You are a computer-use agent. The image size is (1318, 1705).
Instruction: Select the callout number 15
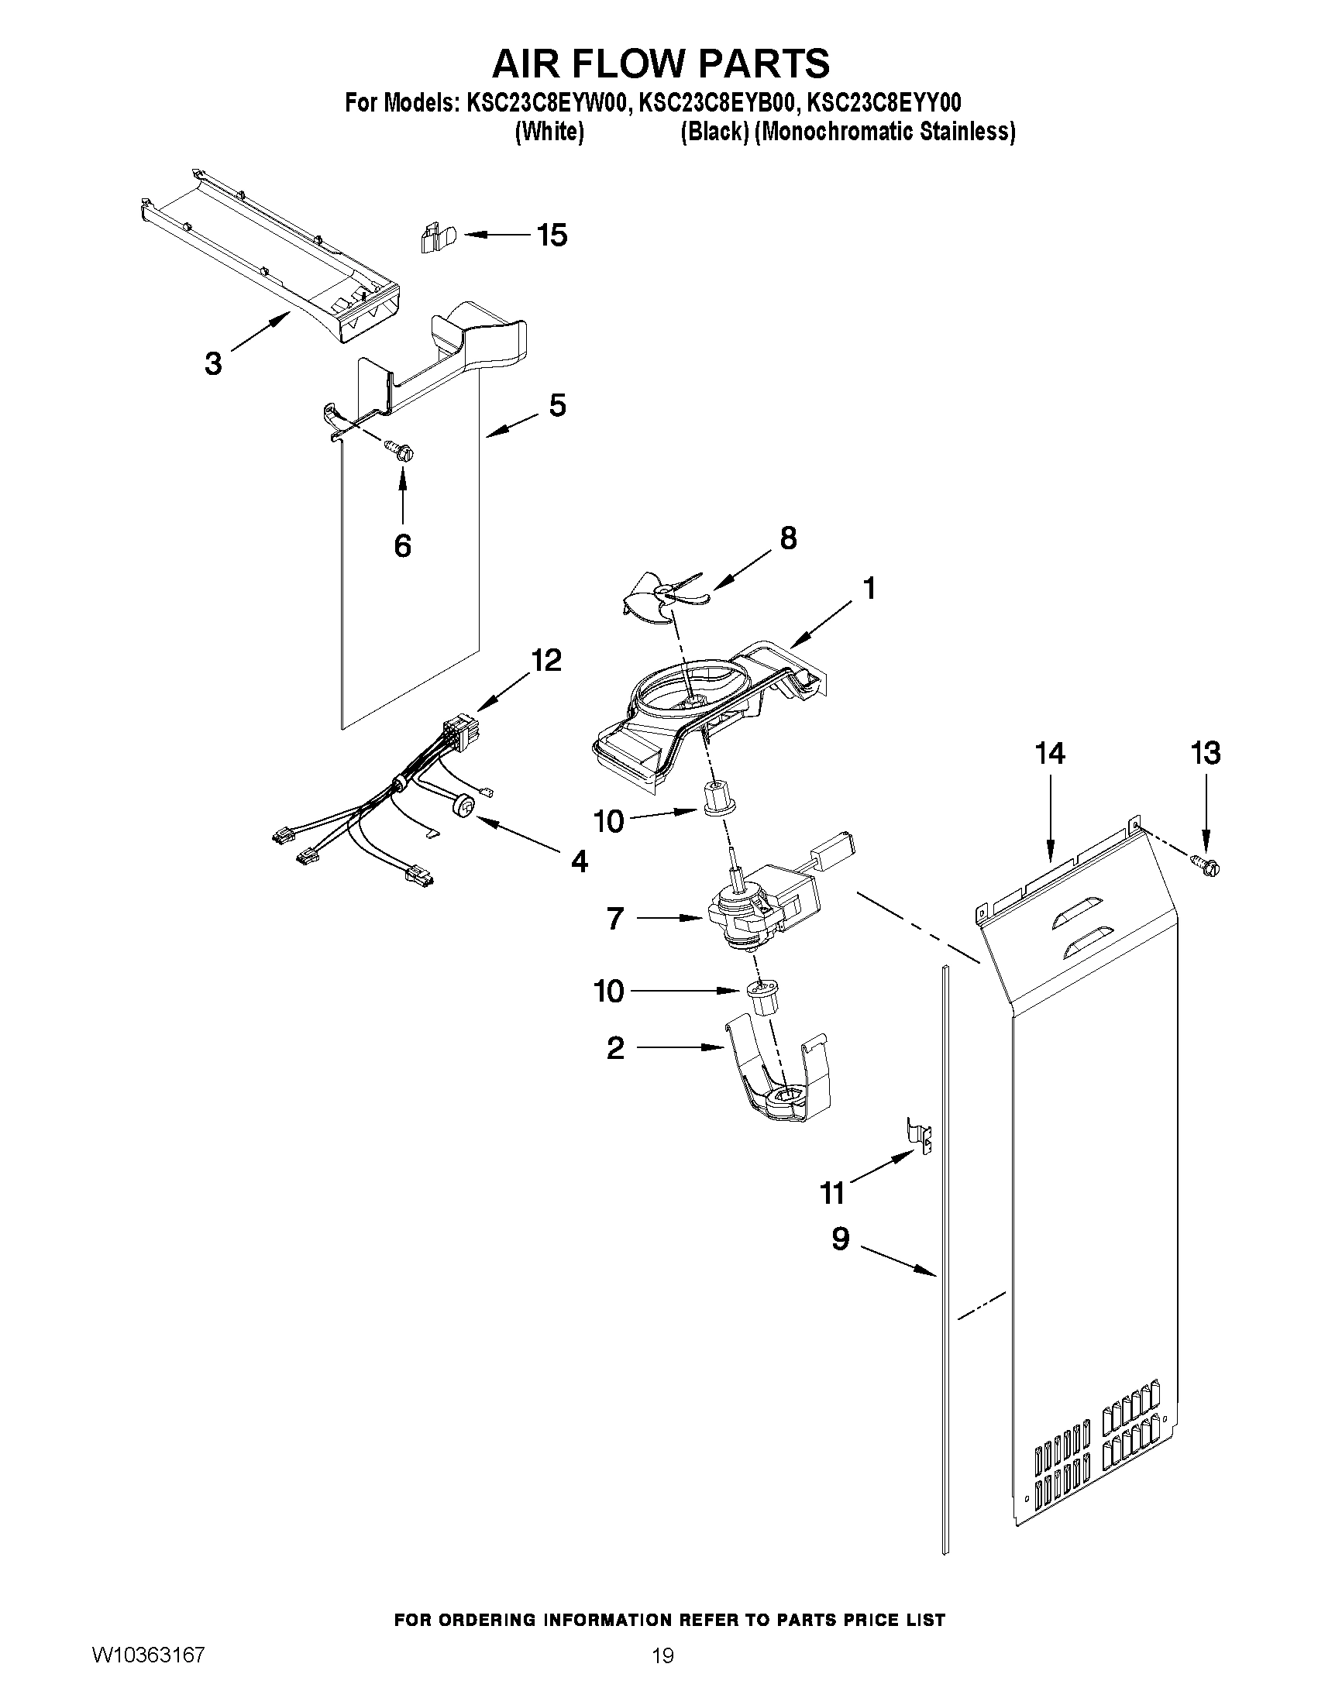552,234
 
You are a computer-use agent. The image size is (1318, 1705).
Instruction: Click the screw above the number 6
401,449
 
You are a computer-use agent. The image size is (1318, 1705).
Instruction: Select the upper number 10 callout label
609,820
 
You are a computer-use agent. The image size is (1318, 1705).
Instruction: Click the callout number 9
840,1238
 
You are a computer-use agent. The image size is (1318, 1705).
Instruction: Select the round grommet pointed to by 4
464,806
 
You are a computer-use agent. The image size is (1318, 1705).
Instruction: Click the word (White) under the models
549,132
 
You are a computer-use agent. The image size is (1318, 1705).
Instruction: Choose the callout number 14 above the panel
1050,754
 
